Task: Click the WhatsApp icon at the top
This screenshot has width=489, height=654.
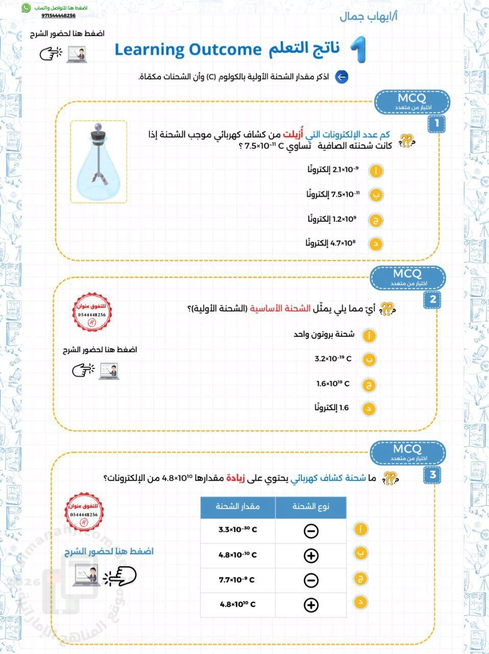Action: click(26, 8)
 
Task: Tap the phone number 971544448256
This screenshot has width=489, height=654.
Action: click(58, 16)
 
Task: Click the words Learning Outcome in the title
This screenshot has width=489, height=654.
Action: click(188, 50)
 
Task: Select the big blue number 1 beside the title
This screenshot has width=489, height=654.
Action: click(358, 50)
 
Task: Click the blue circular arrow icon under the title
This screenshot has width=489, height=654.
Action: click(341, 77)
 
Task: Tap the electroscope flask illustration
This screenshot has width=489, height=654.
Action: click(99, 162)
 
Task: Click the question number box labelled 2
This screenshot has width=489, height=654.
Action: click(432, 299)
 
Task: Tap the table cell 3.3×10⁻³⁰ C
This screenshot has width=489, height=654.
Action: click(237, 530)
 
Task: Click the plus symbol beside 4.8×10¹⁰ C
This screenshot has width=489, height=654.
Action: click(311, 605)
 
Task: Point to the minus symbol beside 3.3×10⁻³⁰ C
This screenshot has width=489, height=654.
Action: click(311, 531)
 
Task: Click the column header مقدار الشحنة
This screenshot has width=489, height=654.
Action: click(237, 506)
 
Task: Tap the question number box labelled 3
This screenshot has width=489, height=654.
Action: click(432, 475)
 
